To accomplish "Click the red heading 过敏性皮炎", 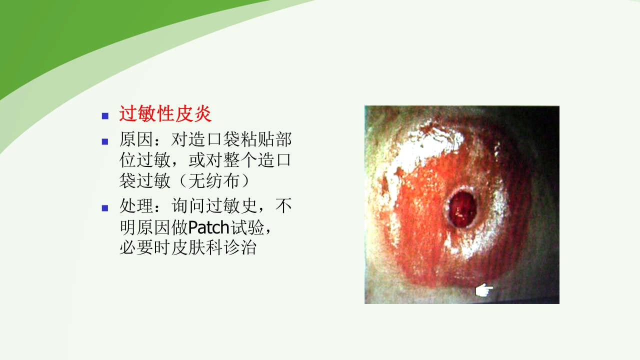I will tap(165, 114).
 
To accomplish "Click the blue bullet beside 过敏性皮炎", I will tap(105, 116).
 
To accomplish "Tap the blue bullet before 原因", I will tap(105, 141).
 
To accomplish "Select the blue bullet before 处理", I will tap(105, 208).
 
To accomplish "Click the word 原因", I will tap(136, 139).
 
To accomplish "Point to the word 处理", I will tap(136, 205).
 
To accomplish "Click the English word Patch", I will tap(208, 227).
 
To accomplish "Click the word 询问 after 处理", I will tap(188, 205).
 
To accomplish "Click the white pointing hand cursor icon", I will tap(483, 290).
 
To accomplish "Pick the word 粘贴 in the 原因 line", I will tap(248, 139).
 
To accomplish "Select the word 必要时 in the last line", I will tap(145, 248).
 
